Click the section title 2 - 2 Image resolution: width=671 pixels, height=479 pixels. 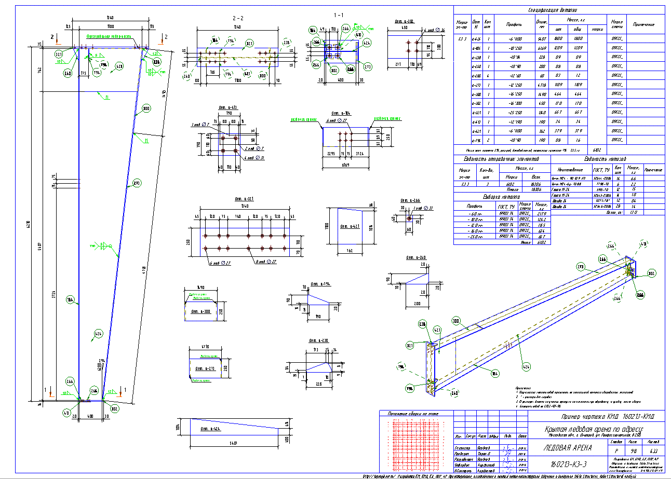pos(237,18)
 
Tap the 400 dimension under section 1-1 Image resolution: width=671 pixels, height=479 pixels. pos(338,80)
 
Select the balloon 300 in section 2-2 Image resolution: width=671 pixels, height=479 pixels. pos(262,76)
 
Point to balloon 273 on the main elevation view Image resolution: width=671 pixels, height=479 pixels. pos(137,183)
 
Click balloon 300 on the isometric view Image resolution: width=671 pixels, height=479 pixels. pos(457,320)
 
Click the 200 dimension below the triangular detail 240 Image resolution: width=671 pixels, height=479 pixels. pos(417,303)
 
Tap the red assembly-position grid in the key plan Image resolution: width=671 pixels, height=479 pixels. pos(415,446)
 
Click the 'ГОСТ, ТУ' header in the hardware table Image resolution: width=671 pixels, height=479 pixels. pos(601,170)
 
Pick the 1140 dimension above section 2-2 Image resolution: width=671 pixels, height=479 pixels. pos(237,26)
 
